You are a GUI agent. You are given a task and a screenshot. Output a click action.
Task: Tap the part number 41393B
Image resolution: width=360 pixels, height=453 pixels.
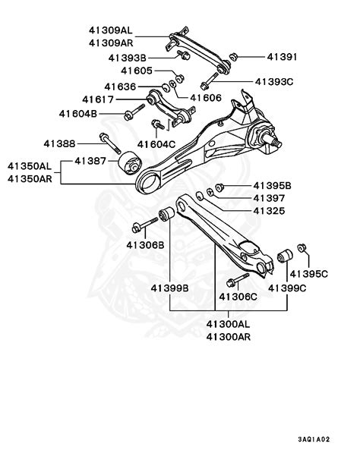(128, 57)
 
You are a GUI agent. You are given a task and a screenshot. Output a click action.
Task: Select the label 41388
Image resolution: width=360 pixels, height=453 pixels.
(59, 143)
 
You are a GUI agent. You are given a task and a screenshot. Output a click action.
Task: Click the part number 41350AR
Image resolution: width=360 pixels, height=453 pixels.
(30, 179)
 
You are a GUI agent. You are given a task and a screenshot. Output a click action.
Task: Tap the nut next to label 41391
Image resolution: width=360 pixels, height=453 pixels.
(235, 57)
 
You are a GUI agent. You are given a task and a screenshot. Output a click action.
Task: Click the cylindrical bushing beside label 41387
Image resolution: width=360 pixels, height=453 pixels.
(130, 163)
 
